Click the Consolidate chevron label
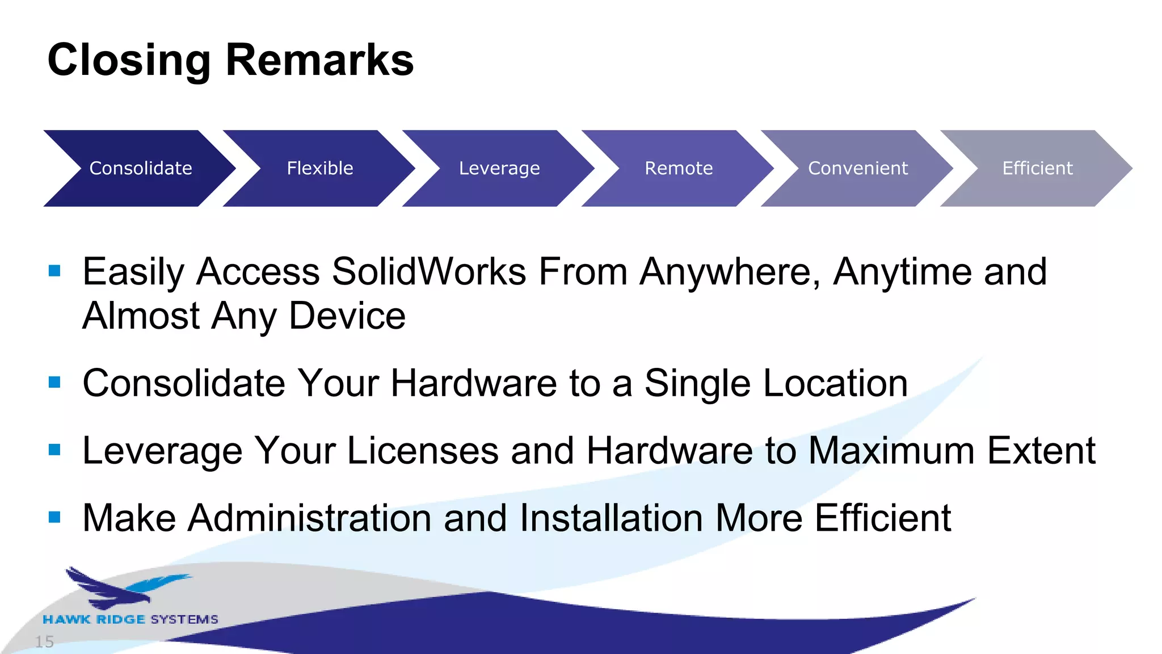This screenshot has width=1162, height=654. click(x=141, y=168)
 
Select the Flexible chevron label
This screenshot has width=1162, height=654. click(x=320, y=168)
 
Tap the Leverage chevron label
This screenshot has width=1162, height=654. click(x=499, y=168)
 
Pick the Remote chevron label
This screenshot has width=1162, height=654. click(x=679, y=168)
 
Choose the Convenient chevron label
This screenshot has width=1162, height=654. click(x=858, y=168)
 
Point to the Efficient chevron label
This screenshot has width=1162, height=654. click(x=1037, y=168)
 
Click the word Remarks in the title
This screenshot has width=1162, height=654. click(x=320, y=60)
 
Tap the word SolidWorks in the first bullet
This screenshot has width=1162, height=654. click(x=429, y=271)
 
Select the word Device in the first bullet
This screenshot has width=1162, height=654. click(x=347, y=316)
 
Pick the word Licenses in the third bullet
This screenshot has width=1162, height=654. click(x=422, y=451)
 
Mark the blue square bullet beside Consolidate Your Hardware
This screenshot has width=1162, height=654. click(x=54, y=382)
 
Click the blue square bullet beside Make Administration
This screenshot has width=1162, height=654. click(x=54, y=517)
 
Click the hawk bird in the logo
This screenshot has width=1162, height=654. click(x=125, y=587)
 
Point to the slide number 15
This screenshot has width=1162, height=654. click(x=44, y=642)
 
